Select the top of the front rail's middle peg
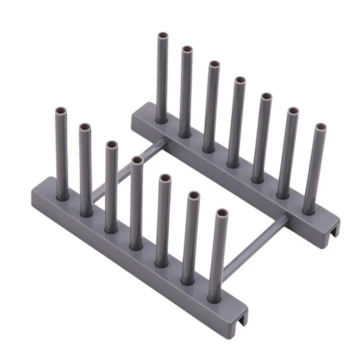pyautogui.click(x=138, y=159)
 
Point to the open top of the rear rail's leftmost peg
pyautogui.click(x=162, y=36)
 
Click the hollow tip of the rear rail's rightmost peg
pyautogui.click(x=320, y=126)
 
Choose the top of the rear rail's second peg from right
pyautogui.click(x=293, y=111)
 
